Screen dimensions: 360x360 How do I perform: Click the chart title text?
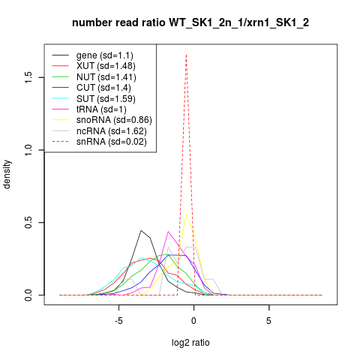190,23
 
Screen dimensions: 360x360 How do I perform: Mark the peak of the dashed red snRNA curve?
186,55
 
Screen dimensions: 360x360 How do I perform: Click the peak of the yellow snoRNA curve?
186,214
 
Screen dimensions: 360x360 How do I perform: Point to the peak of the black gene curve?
141,230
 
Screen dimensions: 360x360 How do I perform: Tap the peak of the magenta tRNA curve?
168,232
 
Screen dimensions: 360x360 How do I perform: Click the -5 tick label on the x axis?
118,321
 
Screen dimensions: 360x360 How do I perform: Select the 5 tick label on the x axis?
268,321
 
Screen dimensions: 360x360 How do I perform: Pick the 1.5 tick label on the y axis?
28,77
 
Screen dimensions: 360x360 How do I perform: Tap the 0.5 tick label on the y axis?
28,223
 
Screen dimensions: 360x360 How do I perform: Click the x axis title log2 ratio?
190,343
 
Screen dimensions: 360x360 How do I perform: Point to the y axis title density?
7,175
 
